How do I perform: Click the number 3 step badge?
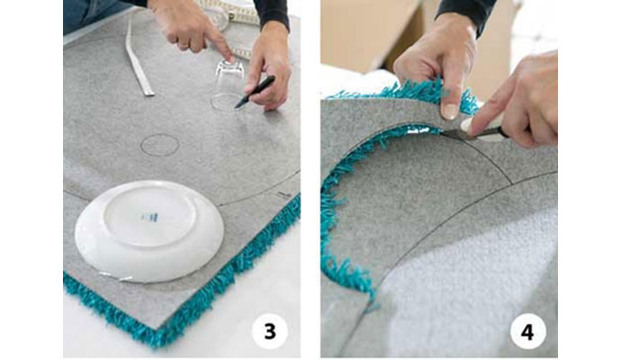coord(270,331)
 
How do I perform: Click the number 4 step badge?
coord(527,331)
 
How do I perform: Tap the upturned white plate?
coord(149,231)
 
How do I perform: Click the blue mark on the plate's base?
coord(149,217)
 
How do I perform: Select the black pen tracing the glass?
coord(255,92)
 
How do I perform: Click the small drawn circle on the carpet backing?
coord(159,145)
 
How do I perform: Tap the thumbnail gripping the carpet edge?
coord(449,112)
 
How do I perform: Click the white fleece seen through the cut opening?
coord(467,285)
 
